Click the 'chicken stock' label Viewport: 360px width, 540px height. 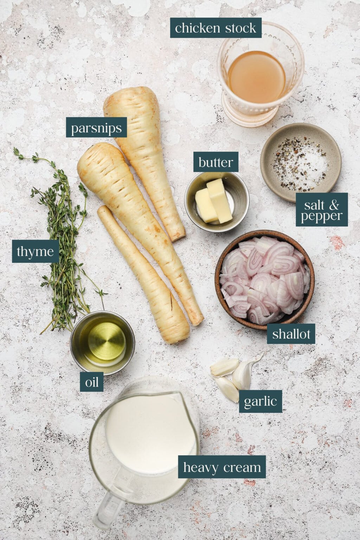coord(216,28)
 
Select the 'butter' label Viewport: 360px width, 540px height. coord(216,162)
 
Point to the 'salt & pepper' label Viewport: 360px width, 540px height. coord(321,210)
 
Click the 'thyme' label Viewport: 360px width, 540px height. coord(35,251)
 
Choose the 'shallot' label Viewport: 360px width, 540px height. coord(291,334)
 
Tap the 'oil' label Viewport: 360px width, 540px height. coord(92,381)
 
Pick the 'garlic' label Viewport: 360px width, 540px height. coord(260,401)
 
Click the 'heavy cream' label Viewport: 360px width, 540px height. coord(222,467)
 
